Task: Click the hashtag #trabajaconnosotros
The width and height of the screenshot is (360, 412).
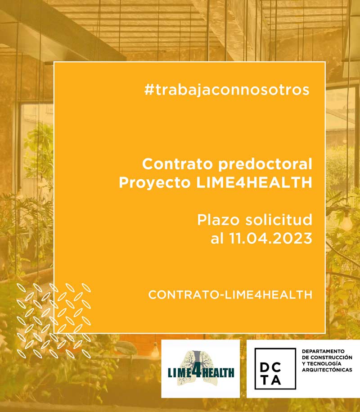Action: coord(227,90)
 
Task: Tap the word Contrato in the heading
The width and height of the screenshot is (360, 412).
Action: coord(177,164)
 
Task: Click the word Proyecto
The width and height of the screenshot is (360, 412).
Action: coord(155,183)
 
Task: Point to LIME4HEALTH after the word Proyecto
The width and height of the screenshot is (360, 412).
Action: coord(254,182)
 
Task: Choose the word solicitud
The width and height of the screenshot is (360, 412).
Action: coord(279,220)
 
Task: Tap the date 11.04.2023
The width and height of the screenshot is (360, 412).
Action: coord(271,238)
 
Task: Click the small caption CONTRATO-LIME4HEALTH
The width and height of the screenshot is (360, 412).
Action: coord(230,295)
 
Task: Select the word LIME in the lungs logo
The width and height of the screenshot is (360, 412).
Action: coord(180,373)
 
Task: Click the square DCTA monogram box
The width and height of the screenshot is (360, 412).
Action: coord(275,369)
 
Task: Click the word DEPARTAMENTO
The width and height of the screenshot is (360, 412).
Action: coord(323,351)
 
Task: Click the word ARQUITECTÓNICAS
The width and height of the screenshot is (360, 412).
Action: coord(327,370)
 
